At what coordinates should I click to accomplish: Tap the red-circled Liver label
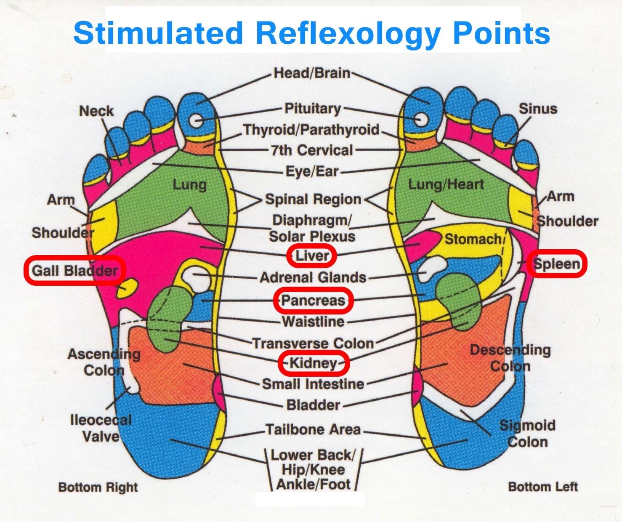pyautogui.click(x=312, y=256)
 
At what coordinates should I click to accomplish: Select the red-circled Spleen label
pyautogui.click(x=556, y=264)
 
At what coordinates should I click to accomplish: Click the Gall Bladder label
pyautogui.click(x=75, y=270)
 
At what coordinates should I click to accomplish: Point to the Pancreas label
pyautogui.click(x=313, y=300)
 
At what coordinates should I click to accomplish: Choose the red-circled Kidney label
pyautogui.click(x=314, y=363)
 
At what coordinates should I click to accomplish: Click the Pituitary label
pyautogui.click(x=313, y=109)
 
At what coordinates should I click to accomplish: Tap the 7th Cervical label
pyautogui.click(x=312, y=150)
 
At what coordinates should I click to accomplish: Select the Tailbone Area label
pyautogui.click(x=314, y=429)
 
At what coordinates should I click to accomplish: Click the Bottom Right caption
pyautogui.click(x=98, y=487)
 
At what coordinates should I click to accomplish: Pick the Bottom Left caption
pyautogui.click(x=543, y=487)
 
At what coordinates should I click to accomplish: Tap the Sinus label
pyautogui.click(x=538, y=109)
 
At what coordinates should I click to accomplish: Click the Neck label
pyautogui.click(x=96, y=111)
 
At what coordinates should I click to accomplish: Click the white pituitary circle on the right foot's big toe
pyautogui.click(x=196, y=121)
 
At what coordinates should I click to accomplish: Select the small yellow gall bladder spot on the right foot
pyautogui.click(x=128, y=287)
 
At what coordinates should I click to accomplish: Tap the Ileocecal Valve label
pyautogui.click(x=101, y=428)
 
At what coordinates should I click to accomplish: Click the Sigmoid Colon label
pyautogui.click(x=527, y=434)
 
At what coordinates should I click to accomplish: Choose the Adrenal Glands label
pyautogui.click(x=313, y=277)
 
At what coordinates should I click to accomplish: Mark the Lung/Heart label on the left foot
pyautogui.click(x=446, y=184)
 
